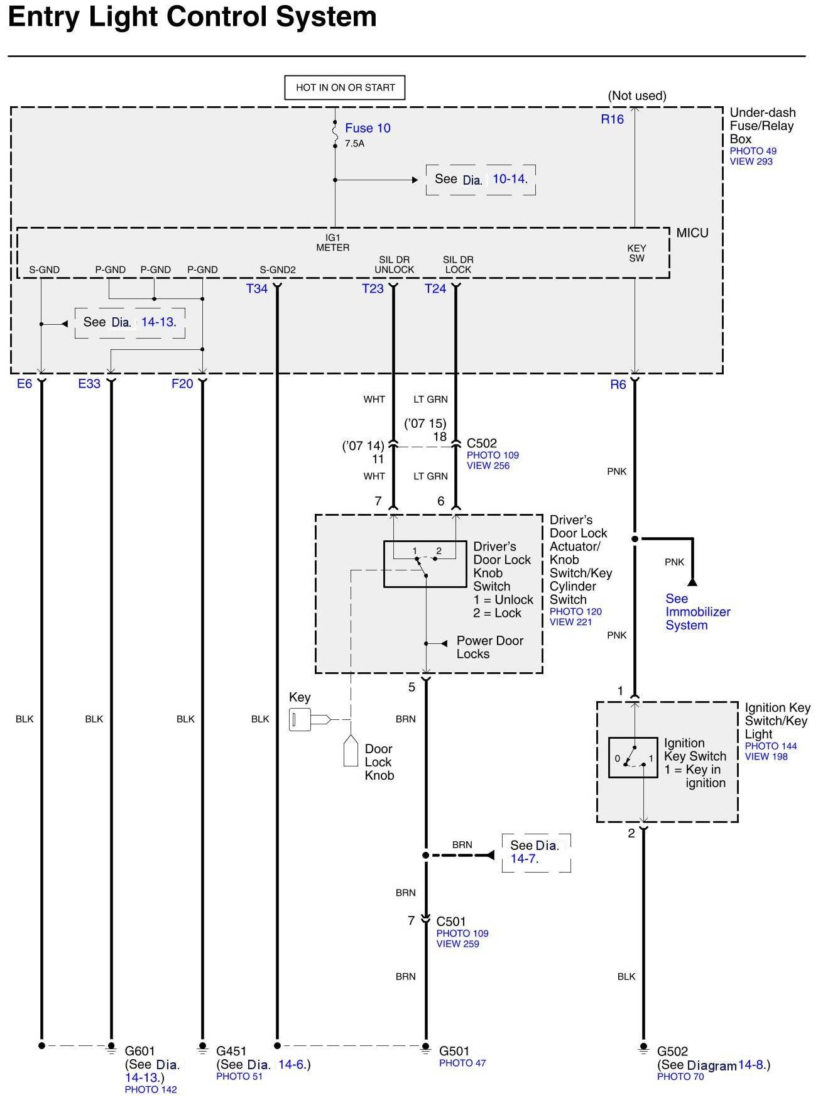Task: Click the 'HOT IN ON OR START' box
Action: [345, 88]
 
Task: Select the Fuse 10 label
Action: [368, 128]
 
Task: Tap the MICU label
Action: [692, 233]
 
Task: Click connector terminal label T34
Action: [257, 289]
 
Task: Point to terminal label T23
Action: [373, 289]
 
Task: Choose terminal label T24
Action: [435, 289]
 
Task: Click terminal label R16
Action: [612, 119]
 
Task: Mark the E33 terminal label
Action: [89, 384]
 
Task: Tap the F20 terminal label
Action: [182, 384]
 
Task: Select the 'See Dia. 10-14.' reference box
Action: [481, 180]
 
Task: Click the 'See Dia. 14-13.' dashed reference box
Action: [130, 323]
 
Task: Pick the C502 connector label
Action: [482, 444]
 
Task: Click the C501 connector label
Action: [451, 922]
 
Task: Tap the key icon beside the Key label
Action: [309, 719]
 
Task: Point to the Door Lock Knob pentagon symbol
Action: [351, 751]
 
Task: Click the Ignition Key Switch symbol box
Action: [633, 758]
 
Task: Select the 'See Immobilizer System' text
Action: [697, 612]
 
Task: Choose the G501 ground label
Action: [454, 1051]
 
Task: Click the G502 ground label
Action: [672, 1051]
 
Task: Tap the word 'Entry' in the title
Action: [44, 17]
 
